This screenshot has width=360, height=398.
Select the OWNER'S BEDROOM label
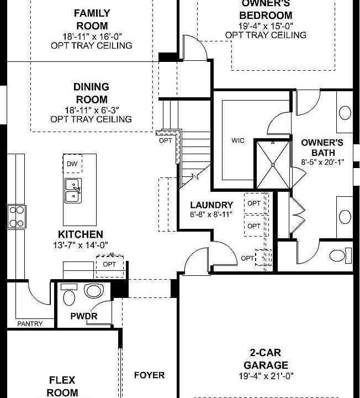click(266, 9)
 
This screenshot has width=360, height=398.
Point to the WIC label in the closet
click(237, 141)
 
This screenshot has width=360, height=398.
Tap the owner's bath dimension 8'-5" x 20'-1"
click(322, 162)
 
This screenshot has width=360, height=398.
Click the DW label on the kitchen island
click(72, 164)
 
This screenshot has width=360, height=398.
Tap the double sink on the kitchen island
click(73, 191)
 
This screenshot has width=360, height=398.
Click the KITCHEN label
click(81, 234)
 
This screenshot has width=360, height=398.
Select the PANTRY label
click(30, 324)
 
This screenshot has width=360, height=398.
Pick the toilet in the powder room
click(69, 296)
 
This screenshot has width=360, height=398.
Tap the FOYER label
click(149, 375)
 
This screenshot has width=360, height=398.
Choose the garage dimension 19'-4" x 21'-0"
click(266, 376)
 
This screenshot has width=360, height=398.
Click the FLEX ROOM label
click(62, 386)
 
